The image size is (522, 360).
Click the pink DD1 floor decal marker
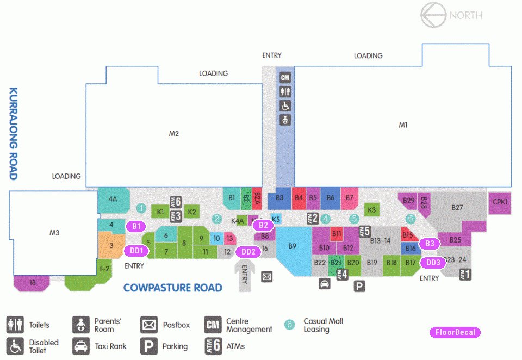pyautogui.click(x=136, y=251)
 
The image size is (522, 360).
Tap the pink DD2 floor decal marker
pyautogui.click(x=248, y=252)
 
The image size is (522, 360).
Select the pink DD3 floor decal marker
pyautogui.click(x=433, y=263)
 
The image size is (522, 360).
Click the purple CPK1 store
pyautogui.click(x=500, y=203)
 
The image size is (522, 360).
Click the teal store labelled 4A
pyautogui.click(x=113, y=200)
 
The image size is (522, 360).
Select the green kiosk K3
pyautogui.click(x=371, y=210)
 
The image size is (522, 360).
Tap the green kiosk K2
pyautogui.click(x=192, y=212)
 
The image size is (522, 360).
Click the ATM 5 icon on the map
pyautogui.click(x=364, y=231)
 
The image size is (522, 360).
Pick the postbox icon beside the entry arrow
pyautogui.click(x=266, y=276)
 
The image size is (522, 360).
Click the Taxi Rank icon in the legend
pyautogui.click(x=81, y=346)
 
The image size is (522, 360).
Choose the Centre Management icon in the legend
pyautogui.click(x=213, y=325)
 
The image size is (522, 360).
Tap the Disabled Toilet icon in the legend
pyautogui.click(x=15, y=346)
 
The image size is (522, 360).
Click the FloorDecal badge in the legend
pyautogui.click(x=455, y=332)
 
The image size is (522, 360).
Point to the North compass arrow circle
pyautogui.click(x=433, y=15)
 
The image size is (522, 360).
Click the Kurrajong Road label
pyautogui.click(x=13, y=134)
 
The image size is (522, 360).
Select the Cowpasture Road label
pyautogui.click(x=172, y=288)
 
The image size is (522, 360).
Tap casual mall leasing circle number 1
pyautogui.click(x=141, y=208)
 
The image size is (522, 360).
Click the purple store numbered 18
pyautogui.click(x=32, y=283)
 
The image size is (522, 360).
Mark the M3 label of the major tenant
pyautogui.click(x=54, y=233)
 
